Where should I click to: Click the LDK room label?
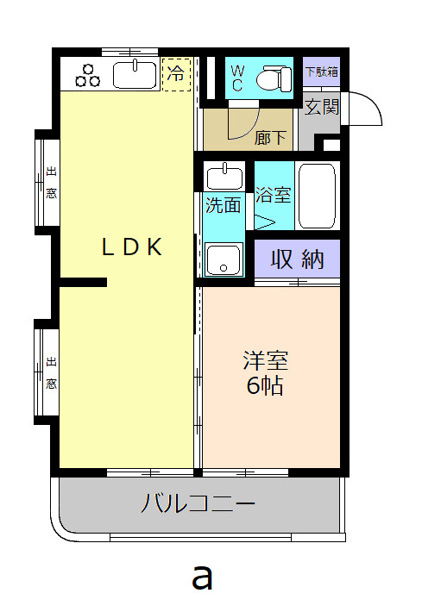[132, 247]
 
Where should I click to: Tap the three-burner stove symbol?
[88, 75]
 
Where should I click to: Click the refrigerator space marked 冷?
[175, 73]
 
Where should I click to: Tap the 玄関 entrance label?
[322, 106]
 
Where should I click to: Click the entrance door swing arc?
[366, 108]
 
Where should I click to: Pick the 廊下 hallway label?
[270, 136]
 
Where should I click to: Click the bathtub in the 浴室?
[316, 195]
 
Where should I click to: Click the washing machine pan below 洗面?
[224, 258]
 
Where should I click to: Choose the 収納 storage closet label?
[298, 258]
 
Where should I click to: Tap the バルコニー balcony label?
[198, 503]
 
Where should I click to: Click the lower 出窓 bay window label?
[51, 373]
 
